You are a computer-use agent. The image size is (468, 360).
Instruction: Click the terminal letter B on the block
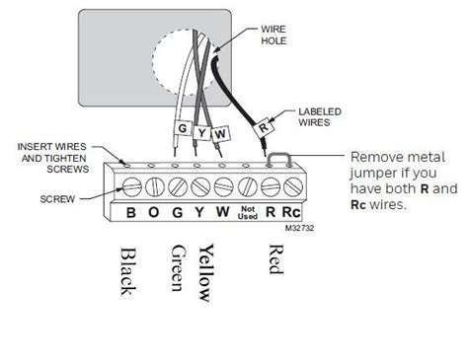[x=129, y=210]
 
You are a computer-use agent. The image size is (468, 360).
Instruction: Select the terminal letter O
[x=154, y=210]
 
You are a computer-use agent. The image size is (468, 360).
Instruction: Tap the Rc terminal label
[x=291, y=210]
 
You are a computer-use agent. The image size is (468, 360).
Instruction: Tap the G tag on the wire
[x=183, y=129]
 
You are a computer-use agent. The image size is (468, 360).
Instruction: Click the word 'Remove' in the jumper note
[x=374, y=156]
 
